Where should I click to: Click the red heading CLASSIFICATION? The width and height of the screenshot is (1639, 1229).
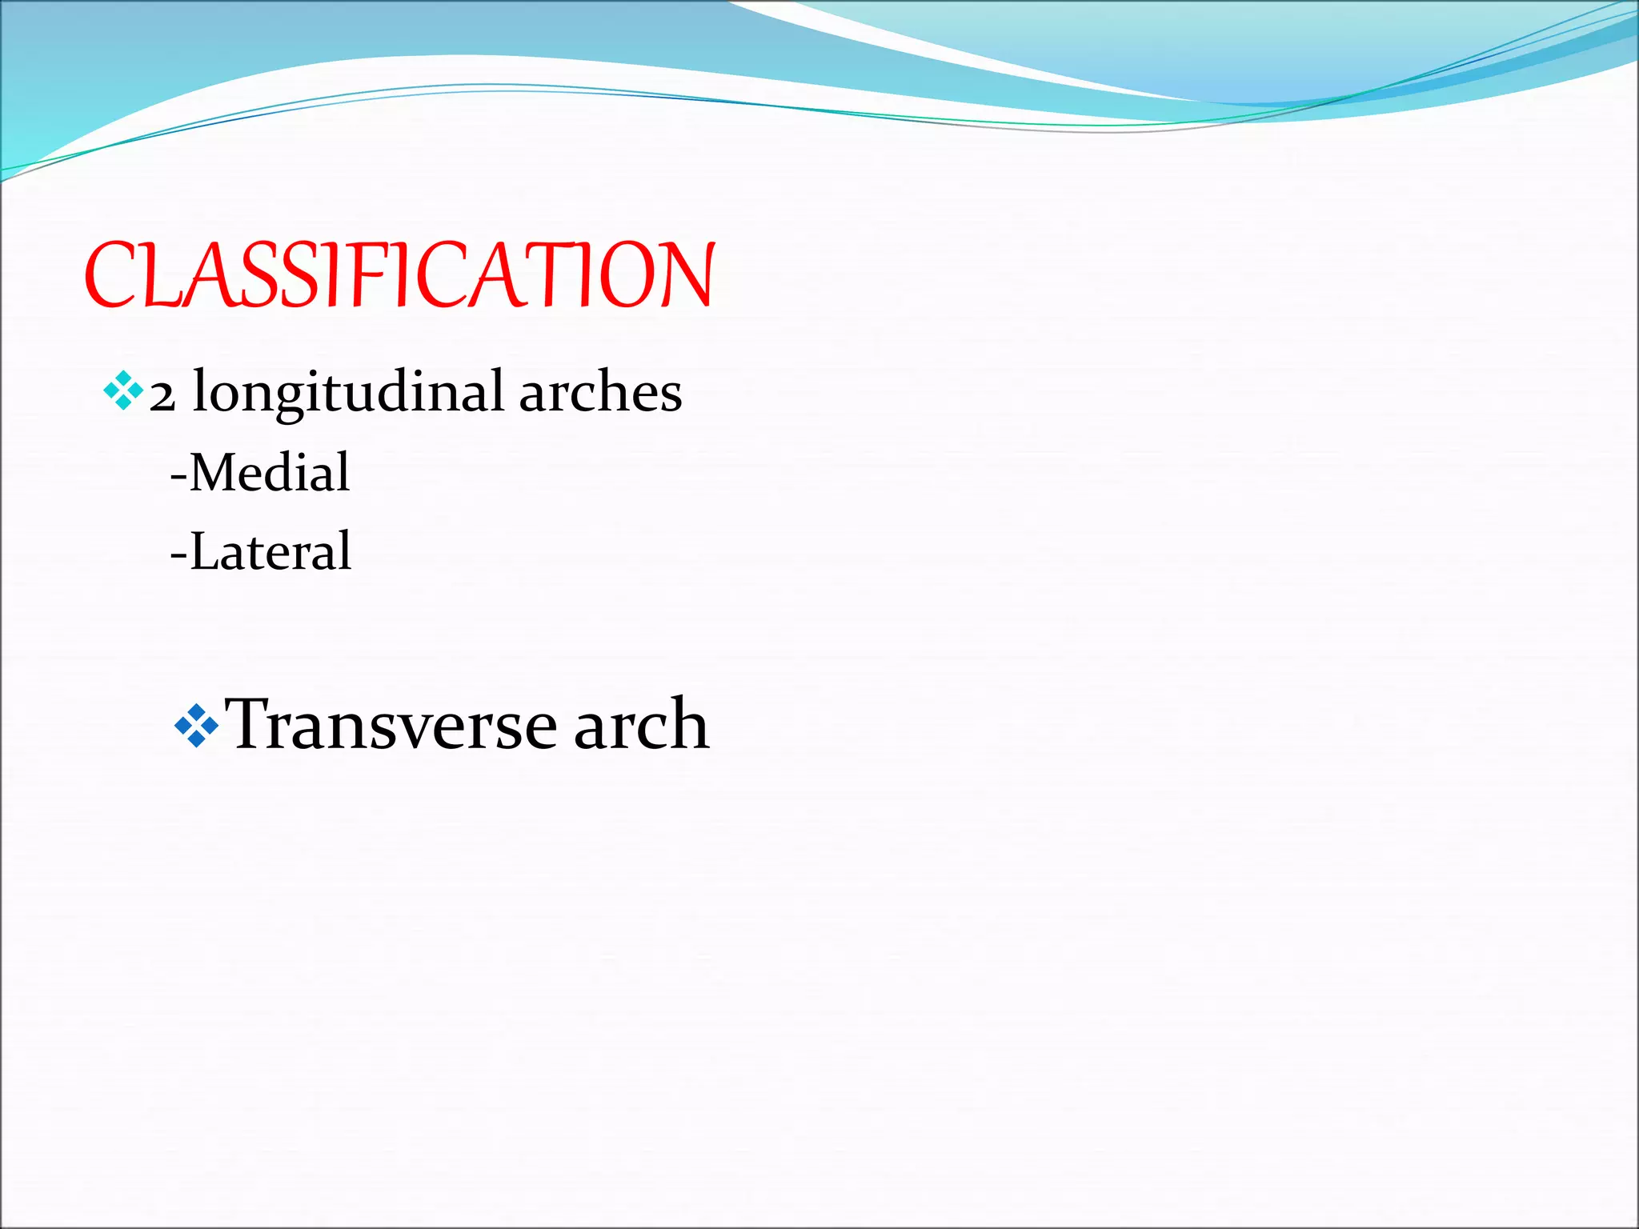click(399, 275)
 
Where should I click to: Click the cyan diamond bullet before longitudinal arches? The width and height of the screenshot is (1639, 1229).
click(123, 391)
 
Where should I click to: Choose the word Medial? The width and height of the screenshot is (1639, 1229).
click(270, 472)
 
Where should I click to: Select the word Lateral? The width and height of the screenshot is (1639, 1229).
click(270, 551)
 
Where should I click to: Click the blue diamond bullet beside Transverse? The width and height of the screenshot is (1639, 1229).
click(196, 726)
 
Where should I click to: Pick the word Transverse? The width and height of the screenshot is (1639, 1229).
click(391, 724)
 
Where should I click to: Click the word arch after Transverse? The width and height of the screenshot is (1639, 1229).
click(641, 724)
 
